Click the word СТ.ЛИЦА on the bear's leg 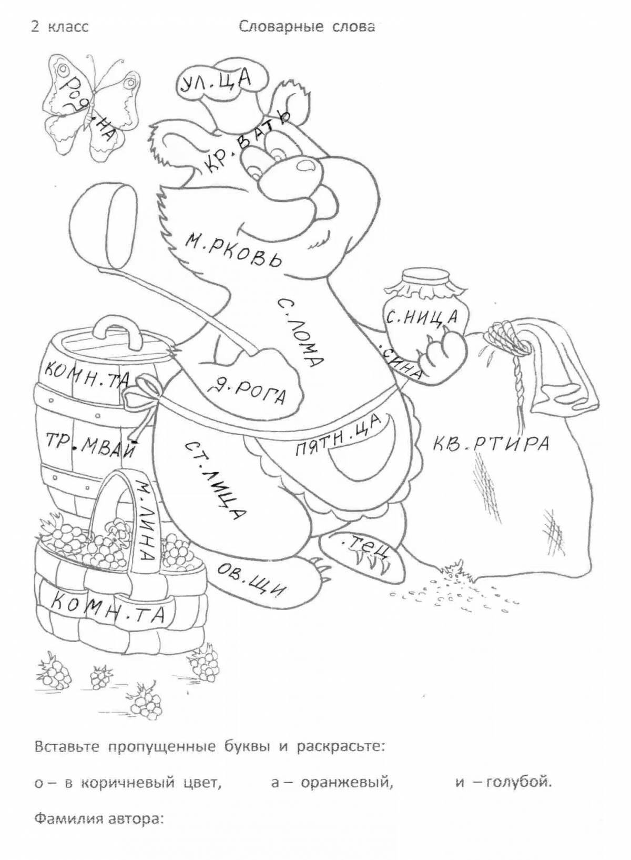coord(215,478)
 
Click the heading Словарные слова coord(307,27)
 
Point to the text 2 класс coord(59,27)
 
